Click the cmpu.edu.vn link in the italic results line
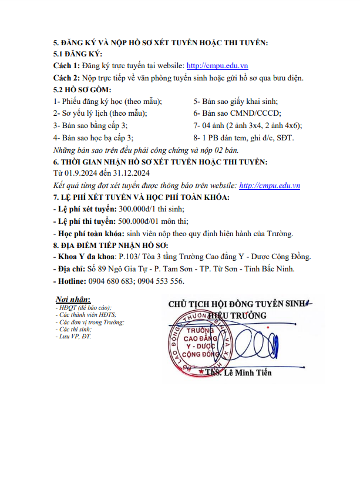(270, 185)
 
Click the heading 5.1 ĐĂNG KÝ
(78, 54)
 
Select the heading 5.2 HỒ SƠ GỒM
(82, 90)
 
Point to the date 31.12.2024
(130, 173)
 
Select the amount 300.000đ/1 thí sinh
(152, 209)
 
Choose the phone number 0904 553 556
(161, 281)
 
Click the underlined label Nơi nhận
(73, 299)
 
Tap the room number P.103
(129, 257)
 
